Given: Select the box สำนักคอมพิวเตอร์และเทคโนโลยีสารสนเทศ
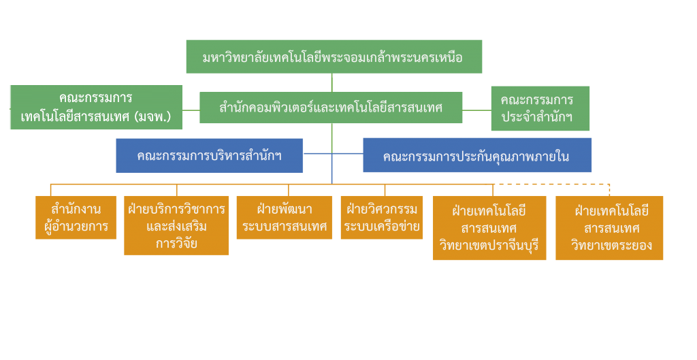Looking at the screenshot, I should pos(331,108).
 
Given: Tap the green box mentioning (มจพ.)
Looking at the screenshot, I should pos(96,108).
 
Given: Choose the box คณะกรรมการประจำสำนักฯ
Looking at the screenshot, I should pos(540,108).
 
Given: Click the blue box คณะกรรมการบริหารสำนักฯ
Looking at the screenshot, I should pos(209,155).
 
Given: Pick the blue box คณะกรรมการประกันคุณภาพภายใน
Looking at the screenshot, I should pos(476,156).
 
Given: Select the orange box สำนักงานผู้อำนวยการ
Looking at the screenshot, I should pos(76,218).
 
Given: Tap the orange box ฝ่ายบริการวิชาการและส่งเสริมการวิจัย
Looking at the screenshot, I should pos(176,226).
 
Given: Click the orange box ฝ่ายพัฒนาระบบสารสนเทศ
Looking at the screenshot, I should pos(285,218).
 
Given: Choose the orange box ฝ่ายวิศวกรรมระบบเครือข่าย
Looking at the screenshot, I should pos(382,218).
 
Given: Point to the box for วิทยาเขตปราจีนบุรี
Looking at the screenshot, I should pos(489,228).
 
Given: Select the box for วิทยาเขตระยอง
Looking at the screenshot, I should pos(609,228).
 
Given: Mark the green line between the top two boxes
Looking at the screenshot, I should pos(332,83).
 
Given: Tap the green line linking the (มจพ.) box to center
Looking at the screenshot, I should pos(191,110).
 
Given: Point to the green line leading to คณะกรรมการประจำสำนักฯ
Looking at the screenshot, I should pos(476,110).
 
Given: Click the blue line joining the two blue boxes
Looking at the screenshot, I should pos(333,154).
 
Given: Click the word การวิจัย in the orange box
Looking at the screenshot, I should pos(176,243).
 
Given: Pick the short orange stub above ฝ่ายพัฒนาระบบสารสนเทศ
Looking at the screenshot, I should pos(289,190).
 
